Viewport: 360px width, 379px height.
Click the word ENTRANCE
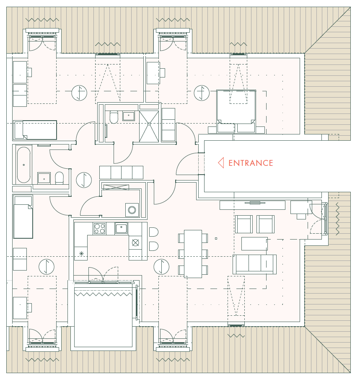[251, 163]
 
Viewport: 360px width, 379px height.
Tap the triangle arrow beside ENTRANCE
[220, 163]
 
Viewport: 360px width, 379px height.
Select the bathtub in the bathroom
[24, 165]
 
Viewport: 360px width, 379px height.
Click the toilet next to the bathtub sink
[59, 178]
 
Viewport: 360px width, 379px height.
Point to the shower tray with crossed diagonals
[149, 126]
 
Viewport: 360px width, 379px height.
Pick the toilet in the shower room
[114, 117]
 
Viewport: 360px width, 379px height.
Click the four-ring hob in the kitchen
[100, 228]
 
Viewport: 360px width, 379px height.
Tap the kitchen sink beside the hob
[121, 228]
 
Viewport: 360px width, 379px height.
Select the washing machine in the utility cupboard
[132, 210]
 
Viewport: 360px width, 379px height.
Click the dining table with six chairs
[193, 254]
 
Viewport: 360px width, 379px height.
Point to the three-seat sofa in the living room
[254, 264]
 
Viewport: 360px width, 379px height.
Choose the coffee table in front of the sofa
[254, 244]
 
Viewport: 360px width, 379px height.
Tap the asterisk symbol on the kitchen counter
[81, 253]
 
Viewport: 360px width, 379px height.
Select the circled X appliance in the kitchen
[135, 242]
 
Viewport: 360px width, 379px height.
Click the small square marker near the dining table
[216, 239]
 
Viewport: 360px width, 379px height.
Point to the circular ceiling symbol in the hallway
[84, 180]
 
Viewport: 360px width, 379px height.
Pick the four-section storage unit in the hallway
[121, 173]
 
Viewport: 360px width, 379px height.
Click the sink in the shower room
[129, 116]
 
